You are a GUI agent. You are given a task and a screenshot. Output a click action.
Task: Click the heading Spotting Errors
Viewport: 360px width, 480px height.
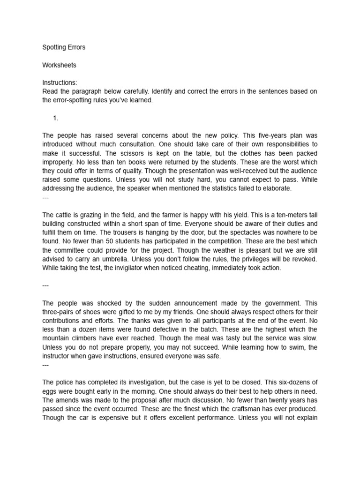(64, 47)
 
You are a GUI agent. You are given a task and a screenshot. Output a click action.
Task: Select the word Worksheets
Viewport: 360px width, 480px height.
(59, 65)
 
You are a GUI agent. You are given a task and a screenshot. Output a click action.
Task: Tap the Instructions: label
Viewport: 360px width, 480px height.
(60, 82)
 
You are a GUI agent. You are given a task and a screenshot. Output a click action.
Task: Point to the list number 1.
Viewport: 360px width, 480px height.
(56, 118)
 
